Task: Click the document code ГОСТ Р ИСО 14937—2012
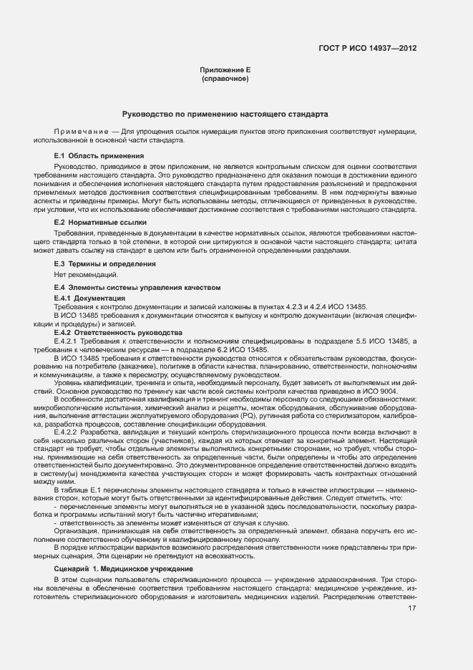[367, 48]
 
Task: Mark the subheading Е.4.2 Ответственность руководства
[113, 333]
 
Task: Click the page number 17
[411, 608]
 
